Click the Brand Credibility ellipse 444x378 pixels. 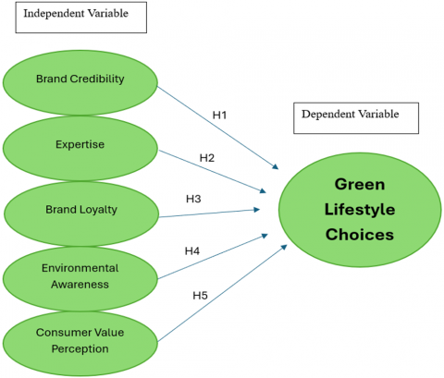coord(80,82)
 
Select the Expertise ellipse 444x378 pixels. coord(80,148)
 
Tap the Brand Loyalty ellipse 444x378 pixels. coord(81,213)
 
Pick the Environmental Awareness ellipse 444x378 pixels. coord(80,278)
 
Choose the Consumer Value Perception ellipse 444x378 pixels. coord(80,343)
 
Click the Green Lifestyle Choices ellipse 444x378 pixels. coord(360,210)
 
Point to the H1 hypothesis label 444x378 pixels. coord(219,116)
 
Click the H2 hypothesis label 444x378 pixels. coord(207,158)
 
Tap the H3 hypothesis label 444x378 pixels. coord(193,199)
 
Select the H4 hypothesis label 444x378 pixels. coord(192,251)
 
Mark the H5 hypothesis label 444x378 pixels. coord(200,296)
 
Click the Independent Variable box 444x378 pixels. coord(81,18)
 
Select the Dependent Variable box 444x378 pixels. coord(356,118)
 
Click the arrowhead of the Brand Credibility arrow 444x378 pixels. coord(276,166)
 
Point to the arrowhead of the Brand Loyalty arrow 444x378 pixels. coord(257,210)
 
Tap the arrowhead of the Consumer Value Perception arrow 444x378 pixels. coord(284,248)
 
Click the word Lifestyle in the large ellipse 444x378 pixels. coord(360,210)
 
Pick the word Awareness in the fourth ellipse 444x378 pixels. coord(80,285)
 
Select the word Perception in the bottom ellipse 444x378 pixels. coord(80,349)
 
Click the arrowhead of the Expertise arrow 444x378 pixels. coord(263,191)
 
